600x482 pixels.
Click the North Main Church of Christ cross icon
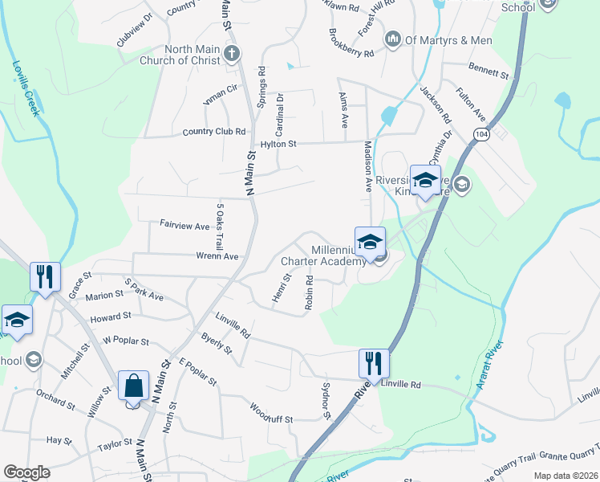(x=232, y=54)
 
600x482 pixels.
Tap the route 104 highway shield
(x=480, y=134)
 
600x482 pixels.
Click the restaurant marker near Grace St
(x=45, y=277)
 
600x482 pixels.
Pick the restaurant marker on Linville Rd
(x=374, y=363)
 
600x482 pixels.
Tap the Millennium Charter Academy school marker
(x=371, y=242)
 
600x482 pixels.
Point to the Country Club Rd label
(x=213, y=132)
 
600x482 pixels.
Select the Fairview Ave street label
(x=184, y=227)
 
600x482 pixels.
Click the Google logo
(x=27, y=472)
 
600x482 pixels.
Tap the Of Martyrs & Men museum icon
(x=393, y=39)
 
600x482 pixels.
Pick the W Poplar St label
(x=126, y=341)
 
